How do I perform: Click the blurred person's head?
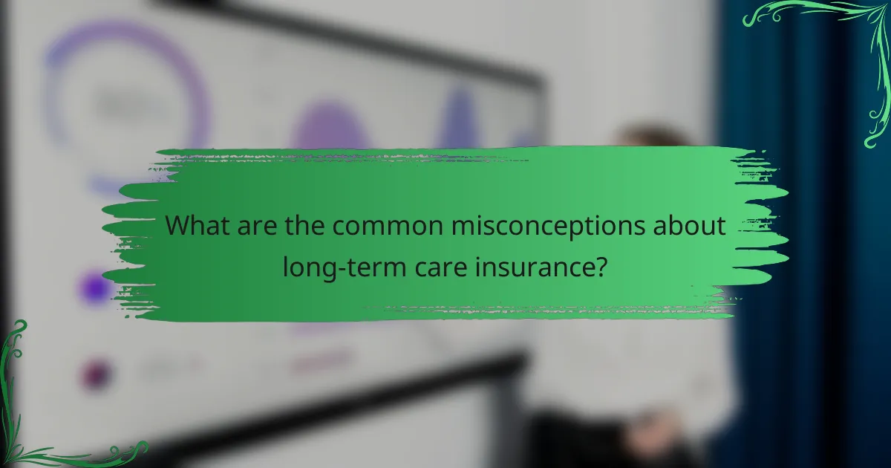(646, 137)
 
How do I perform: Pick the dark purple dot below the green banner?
(97, 374)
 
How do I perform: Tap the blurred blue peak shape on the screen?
(460, 119)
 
